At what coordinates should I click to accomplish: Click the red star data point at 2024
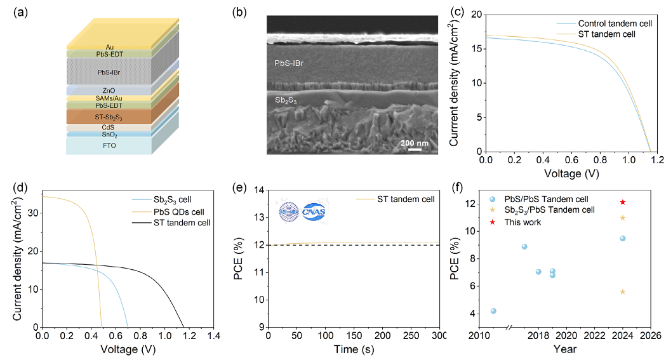coord(623,202)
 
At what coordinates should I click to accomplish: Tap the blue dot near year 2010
coord(493,311)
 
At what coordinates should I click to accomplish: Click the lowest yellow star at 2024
coord(623,291)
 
